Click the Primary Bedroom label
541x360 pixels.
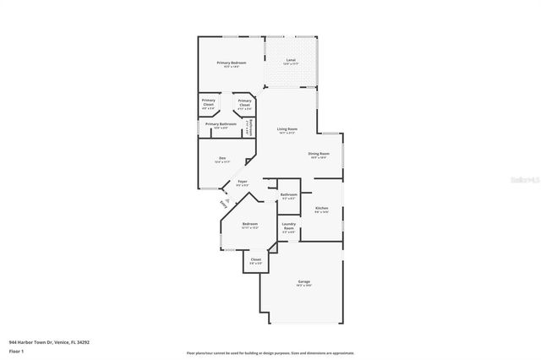(x=231, y=63)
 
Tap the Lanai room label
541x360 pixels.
(x=291, y=60)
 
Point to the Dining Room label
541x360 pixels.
(x=318, y=153)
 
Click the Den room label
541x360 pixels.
(x=222, y=158)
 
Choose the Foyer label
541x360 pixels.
(x=242, y=182)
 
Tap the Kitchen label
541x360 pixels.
(x=321, y=208)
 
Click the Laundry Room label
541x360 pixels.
(x=288, y=226)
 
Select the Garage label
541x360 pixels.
(x=303, y=282)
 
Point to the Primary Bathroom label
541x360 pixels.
(x=221, y=124)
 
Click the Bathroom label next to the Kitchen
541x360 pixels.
(x=288, y=194)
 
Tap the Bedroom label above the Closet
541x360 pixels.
(x=249, y=223)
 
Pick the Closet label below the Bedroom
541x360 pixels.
(x=256, y=259)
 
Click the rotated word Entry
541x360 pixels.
(x=222, y=204)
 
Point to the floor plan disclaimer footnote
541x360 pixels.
(x=270, y=352)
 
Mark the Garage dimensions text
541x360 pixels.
(x=303, y=286)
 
